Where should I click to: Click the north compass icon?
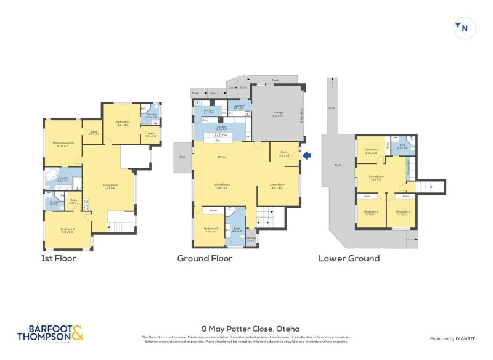[x=464, y=28]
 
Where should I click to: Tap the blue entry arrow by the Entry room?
[x=308, y=156]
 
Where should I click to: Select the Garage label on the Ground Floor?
[x=279, y=113]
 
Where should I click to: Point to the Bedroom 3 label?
[x=123, y=123]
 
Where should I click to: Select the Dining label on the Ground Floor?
[x=222, y=157]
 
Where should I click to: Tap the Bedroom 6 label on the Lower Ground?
[x=371, y=213]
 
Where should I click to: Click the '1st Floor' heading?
[x=58, y=258]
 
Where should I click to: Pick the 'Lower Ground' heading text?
[x=349, y=258]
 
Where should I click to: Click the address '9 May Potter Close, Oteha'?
[x=250, y=329]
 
